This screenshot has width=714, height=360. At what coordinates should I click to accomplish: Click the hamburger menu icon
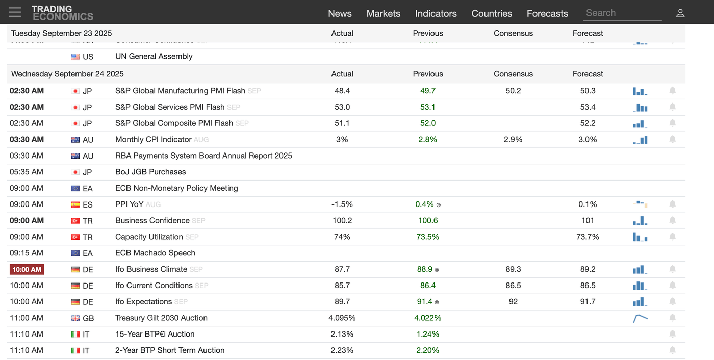[15, 12]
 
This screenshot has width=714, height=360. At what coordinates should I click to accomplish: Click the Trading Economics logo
[62, 13]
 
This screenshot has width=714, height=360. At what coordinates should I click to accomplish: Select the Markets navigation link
[383, 14]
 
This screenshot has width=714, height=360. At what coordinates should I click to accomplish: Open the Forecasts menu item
[547, 14]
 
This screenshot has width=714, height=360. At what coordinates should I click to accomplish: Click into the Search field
[622, 13]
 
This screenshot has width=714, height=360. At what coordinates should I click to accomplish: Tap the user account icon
[680, 13]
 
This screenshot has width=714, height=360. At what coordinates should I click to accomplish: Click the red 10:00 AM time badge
[27, 269]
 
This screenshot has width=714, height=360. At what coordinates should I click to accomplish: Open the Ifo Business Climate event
[151, 269]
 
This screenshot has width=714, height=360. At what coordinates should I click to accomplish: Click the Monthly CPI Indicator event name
[153, 139]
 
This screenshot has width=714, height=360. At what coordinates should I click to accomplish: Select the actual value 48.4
[342, 91]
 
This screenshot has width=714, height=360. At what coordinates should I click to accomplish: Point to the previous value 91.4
[425, 302]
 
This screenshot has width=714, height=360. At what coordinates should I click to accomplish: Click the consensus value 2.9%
[513, 139]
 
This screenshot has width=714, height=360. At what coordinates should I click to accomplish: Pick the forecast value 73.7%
[588, 237]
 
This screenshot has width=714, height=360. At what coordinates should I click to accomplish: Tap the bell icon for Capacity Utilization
[672, 237]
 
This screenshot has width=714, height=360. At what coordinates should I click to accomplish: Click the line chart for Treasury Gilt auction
[640, 318]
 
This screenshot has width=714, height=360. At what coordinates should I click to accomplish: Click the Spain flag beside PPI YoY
[75, 204]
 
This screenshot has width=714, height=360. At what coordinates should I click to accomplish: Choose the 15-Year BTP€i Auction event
[155, 334]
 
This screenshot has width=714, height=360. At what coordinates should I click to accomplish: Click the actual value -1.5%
[342, 204]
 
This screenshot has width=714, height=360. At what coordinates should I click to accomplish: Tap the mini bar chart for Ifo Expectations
[640, 302]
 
